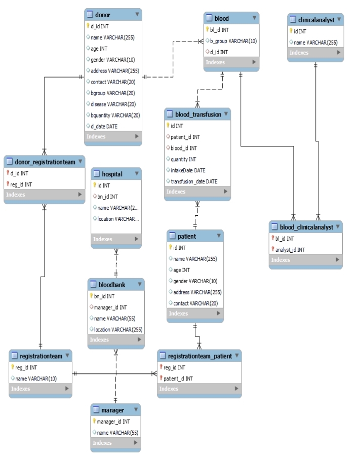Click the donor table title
pyautogui.click(x=103, y=15)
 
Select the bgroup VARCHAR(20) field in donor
pyautogui.click(x=112, y=93)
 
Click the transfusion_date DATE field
pyautogui.click(x=194, y=181)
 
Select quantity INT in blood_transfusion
pyautogui.click(x=183, y=159)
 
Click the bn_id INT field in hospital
pyautogui.click(x=107, y=197)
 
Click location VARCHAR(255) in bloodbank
pyautogui.click(x=118, y=329)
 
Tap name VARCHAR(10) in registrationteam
pyautogui.click(x=35, y=378)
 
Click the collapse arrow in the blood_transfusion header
pyautogui.click(x=225, y=114)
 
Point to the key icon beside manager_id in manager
pyautogui.click(x=94, y=421)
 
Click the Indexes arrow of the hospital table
pyautogui.click(x=135, y=239)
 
